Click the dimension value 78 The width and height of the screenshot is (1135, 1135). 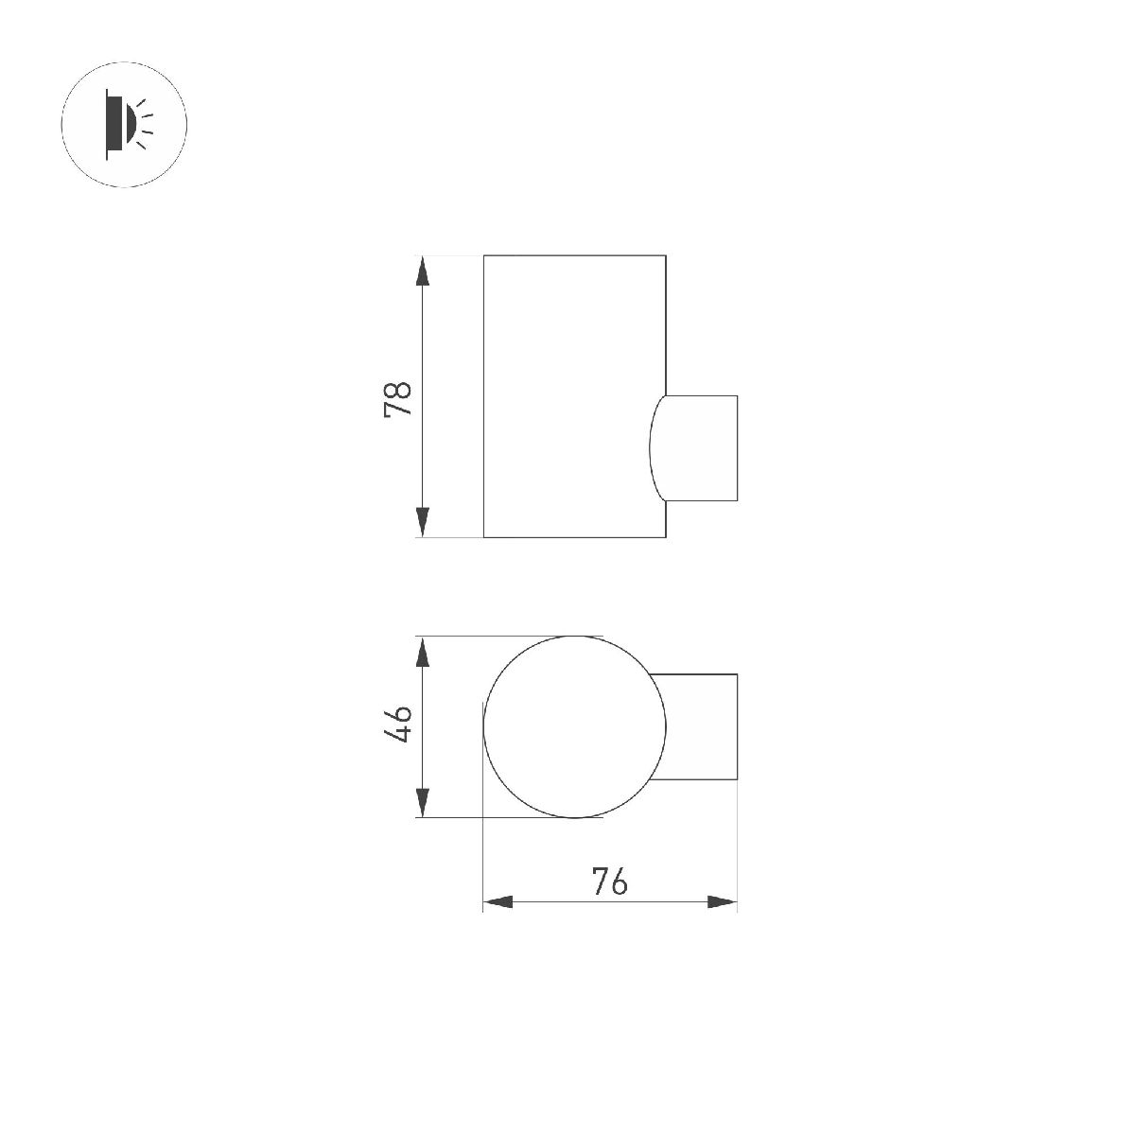pyautogui.click(x=397, y=398)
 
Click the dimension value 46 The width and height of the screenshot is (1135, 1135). pyautogui.click(x=397, y=725)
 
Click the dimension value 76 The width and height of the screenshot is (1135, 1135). pyautogui.click(x=610, y=882)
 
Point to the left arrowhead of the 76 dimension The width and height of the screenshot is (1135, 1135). pyautogui.click(x=498, y=902)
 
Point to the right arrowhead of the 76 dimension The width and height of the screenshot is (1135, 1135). pyautogui.click(x=722, y=902)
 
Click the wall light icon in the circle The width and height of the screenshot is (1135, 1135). pyautogui.click(x=125, y=124)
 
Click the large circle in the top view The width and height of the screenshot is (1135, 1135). pyautogui.click(x=575, y=726)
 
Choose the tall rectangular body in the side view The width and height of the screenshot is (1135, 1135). pyautogui.click(x=574, y=396)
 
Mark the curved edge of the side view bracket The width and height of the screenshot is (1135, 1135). pyautogui.click(x=651, y=447)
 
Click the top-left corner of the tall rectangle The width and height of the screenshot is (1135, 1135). pyautogui.click(x=484, y=255)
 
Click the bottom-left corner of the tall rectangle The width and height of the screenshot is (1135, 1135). pyautogui.click(x=484, y=537)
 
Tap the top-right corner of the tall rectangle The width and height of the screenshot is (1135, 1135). pyautogui.click(x=666, y=255)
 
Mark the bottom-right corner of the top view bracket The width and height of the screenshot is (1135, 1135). pyautogui.click(x=737, y=779)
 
